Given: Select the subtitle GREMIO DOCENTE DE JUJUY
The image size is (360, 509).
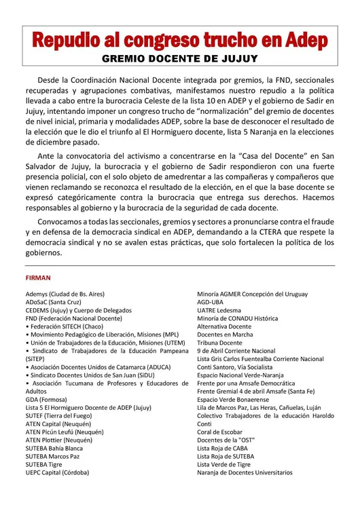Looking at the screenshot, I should (x=180, y=59).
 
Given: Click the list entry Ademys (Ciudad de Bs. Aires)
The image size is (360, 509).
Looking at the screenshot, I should (x=68, y=294).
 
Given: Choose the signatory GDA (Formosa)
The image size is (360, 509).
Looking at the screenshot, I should (x=47, y=400).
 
